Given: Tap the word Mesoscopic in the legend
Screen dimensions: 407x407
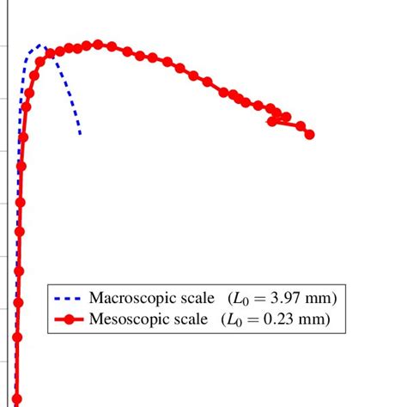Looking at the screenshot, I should click(125, 320).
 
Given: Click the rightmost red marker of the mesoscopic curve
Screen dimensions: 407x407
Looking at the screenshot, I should click(309, 134).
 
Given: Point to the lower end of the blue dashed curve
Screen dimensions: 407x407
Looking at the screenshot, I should click(80, 134).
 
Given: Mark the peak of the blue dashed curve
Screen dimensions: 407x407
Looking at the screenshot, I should click(40, 45).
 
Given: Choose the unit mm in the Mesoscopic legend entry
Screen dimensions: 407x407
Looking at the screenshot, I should click(320, 320).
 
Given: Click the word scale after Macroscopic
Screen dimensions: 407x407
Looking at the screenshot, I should click(194, 298).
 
